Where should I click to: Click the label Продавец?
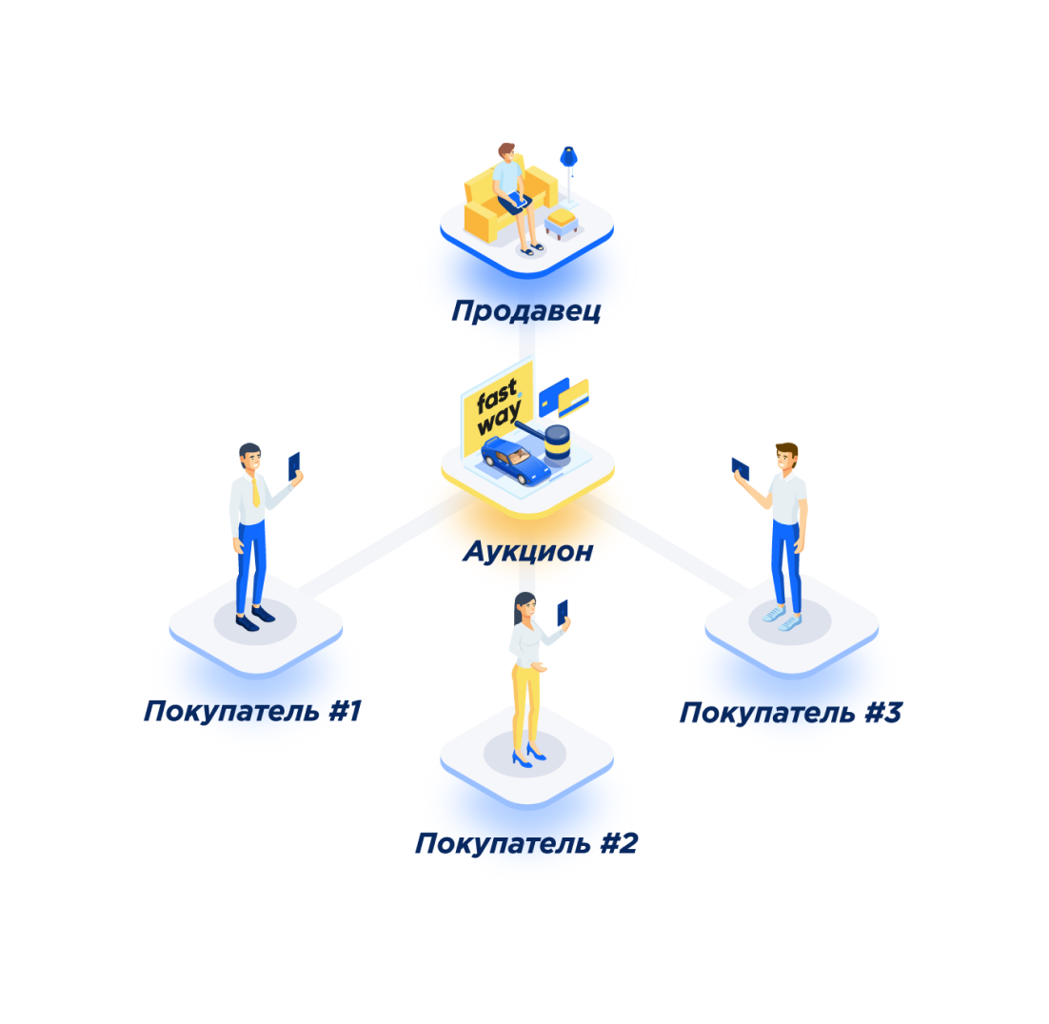click(x=525, y=311)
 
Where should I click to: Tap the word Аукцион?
click(x=527, y=551)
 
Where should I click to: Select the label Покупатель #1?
click(x=252, y=711)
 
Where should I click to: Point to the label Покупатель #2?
click(x=525, y=843)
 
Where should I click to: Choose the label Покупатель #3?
click(x=789, y=713)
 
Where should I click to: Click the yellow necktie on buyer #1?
click(x=255, y=492)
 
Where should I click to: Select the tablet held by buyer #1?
click(x=294, y=466)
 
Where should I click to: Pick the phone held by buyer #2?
click(x=563, y=612)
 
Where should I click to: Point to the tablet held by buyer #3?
click(x=740, y=469)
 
